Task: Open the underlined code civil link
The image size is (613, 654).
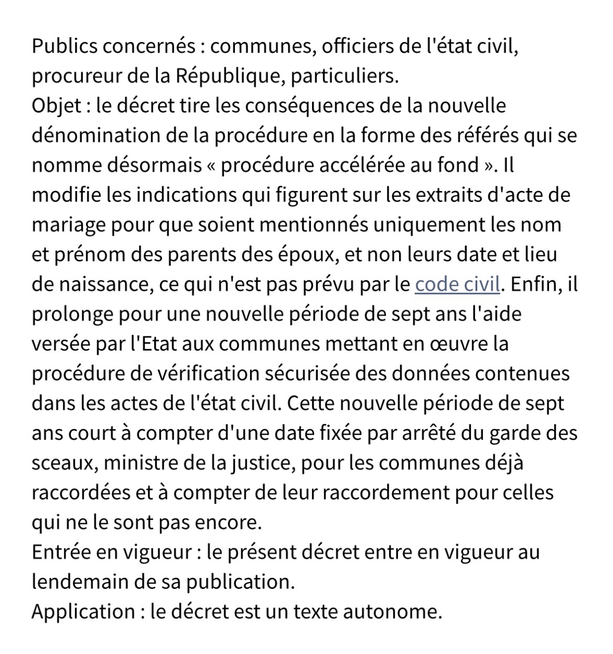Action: coord(457,284)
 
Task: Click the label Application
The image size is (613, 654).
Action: coord(83,612)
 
